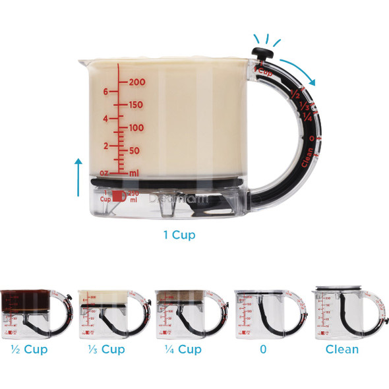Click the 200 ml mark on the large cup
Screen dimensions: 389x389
pyautogui.click(x=136, y=82)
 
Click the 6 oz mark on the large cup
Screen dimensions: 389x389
pyautogui.click(x=105, y=92)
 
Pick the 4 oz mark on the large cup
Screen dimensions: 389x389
pyautogui.click(x=105, y=119)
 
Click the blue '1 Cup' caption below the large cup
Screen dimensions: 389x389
pyautogui.click(x=179, y=235)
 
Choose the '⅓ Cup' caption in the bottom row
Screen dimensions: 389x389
pyautogui.click(x=102, y=349)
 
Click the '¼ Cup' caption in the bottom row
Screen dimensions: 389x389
pyautogui.click(x=179, y=349)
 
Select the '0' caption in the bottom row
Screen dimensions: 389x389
pyautogui.click(x=263, y=349)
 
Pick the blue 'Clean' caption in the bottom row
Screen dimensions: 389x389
pyautogui.click(x=342, y=349)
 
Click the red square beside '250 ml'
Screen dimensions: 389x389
pyautogui.click(x=117, y=196)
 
